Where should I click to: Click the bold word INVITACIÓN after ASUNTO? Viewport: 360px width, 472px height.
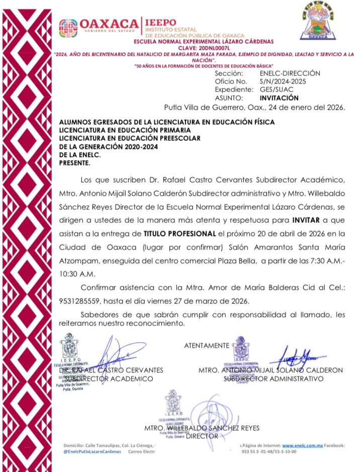(279, 98)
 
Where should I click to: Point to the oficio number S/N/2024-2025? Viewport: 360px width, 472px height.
(283, 81)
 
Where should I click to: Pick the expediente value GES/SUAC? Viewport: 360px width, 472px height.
(276, 90)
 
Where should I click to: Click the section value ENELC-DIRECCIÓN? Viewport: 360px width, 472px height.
(290, 73)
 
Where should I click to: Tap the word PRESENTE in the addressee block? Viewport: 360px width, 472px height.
(75, 163)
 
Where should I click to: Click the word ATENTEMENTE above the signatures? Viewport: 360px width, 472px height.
(207, 346)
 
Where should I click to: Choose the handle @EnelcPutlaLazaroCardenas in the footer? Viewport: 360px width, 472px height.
(93, 452)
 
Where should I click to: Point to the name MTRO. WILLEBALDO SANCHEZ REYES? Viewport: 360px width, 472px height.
(202, 428)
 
